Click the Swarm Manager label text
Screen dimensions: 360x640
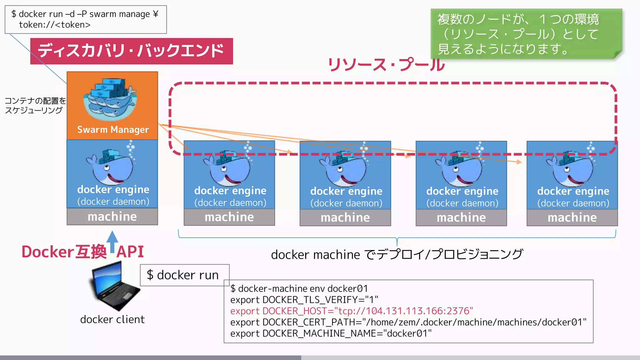pyautogui.click(x=113, y=130)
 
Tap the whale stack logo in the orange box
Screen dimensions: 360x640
pyautogui.click(x=110, y=99)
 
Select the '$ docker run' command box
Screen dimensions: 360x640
pyautogui.click(x=184, y=275)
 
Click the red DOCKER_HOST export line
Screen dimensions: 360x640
pyautogui.click(x=352, y=311)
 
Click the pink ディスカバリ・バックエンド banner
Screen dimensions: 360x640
pyautogui.click(x=131, y=51)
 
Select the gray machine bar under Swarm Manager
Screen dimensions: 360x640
pyautogui.click(x=112, y=217)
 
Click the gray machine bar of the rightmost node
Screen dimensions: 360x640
pyautogui.click(x=572, y=217)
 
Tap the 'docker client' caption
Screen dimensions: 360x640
pyautogui.click(x=112, y=319)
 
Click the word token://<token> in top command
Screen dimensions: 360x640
pyautogui.click(x=55, y=25)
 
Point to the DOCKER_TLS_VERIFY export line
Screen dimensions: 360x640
pyautogui.click(x=304, y=300)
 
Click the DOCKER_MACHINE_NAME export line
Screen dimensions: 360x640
pyautogui.click(x=331, y=334)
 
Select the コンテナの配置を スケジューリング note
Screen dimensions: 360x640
pyautogui.click(x=35, y=105)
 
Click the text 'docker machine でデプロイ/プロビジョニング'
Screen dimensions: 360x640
pyautogui.click(x=397, y=255)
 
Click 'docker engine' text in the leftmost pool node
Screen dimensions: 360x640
pyautogui.click(x=230, y=191)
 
